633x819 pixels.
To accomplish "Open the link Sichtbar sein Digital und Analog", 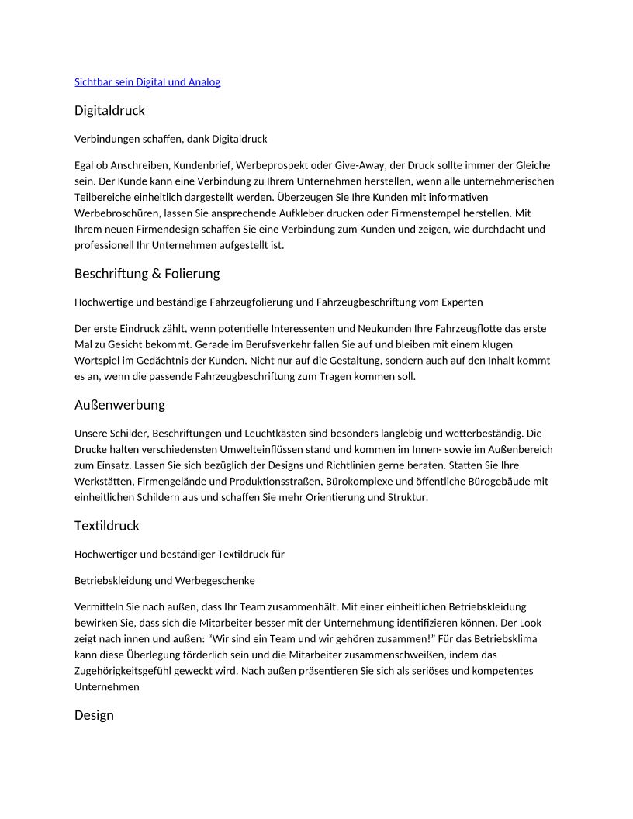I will [x=147, y=82].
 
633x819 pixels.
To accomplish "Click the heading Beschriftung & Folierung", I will [x=147, y=274].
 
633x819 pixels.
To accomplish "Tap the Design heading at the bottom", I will [x=94, y=715].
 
